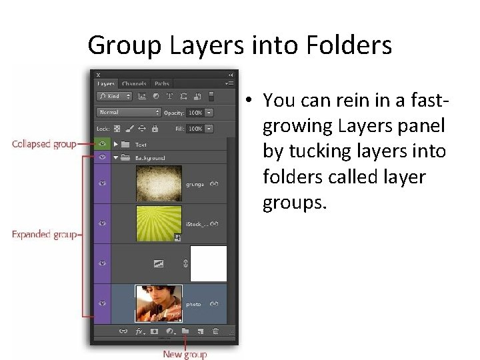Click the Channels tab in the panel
[134, 84]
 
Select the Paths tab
[162, 84]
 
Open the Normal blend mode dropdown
[129, 113]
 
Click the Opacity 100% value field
[195, 113]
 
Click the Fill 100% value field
[195, 129]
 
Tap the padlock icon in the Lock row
[155, 129]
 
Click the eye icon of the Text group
[102, 144]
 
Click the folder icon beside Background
[126, 158]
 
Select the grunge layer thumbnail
[159, 183]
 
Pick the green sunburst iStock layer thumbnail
[159, 223]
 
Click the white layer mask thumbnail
[208, 263]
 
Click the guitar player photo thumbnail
[159, 303]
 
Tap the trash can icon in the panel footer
[215, 331]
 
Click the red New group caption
[185, 354]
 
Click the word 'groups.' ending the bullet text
[295, 202]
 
